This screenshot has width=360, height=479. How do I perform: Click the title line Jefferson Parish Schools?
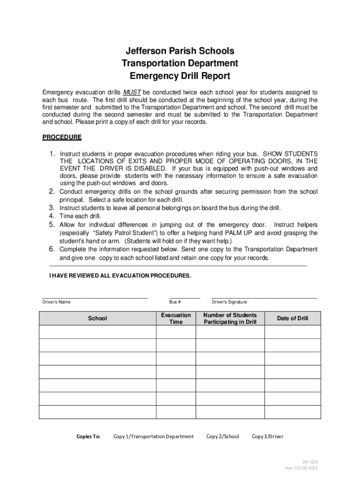[x=180, y=51]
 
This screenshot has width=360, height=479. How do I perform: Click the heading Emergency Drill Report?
[x=180, y=76]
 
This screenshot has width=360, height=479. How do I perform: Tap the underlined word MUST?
[x=132, y=92]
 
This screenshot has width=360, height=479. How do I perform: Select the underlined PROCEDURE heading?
[x=62, y=138]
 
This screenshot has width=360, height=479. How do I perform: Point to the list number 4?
[x=52, y=216]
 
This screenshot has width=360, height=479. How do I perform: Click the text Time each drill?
[x=80, y=216]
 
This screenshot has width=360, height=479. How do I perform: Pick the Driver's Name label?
[x=57, y=302]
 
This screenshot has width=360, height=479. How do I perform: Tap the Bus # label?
[x=175, y=302]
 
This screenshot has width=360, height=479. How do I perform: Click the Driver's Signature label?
[x=229, y=302]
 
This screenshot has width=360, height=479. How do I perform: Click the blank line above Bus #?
[x=184, y=297]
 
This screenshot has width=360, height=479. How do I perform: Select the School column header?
[x=97, y=319]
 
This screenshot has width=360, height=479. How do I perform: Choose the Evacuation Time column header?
[x=176, y=319]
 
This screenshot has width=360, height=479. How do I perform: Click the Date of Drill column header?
[x=293, y=319]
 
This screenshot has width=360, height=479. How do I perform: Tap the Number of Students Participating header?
[x=230, y=319]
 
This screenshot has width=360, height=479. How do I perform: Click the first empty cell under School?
[x=97, y=332]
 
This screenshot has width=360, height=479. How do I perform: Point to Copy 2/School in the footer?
[x=223, y=437]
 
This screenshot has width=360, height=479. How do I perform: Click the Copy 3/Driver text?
[x=267, y=437]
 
